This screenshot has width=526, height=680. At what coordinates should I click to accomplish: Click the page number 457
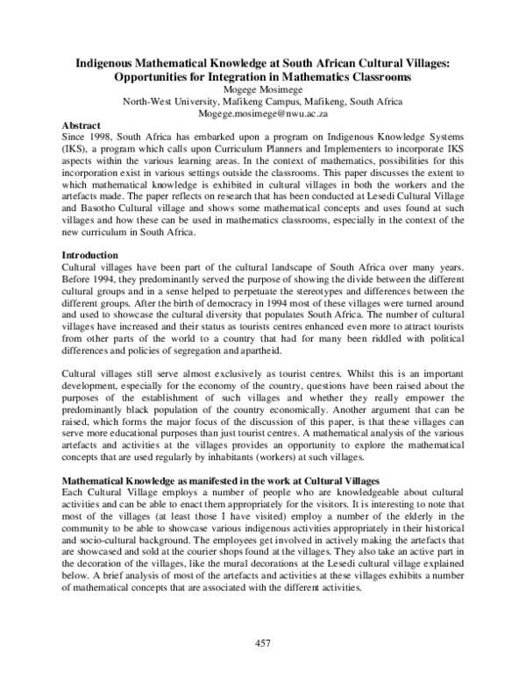pyautogui.click(x=263, y=643)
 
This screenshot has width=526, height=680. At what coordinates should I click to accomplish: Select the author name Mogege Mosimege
pyautogui.click(x=263, y=89)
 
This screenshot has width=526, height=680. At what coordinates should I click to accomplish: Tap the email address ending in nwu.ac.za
pyautogui.click(x=263, y=113)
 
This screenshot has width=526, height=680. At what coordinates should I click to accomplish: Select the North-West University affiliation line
pyautogui.click(x=263, y=101)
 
